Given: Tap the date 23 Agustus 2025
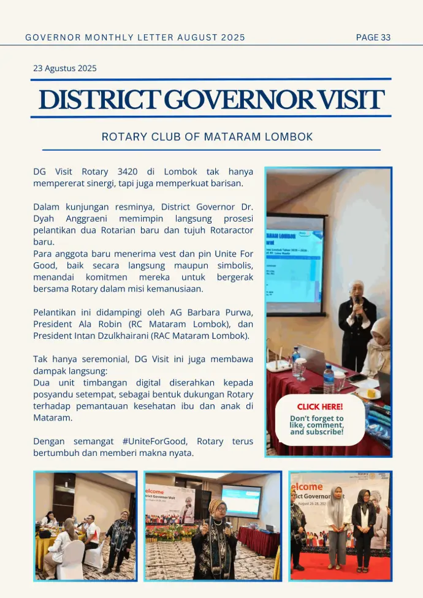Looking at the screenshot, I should click(x=64, y=69).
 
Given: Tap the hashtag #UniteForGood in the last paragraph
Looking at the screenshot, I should click(x=156, y=442).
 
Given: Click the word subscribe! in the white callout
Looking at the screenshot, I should click(x=327, y=432).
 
